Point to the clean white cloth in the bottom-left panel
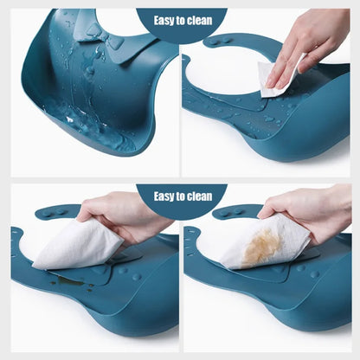(x=74, y=246)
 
